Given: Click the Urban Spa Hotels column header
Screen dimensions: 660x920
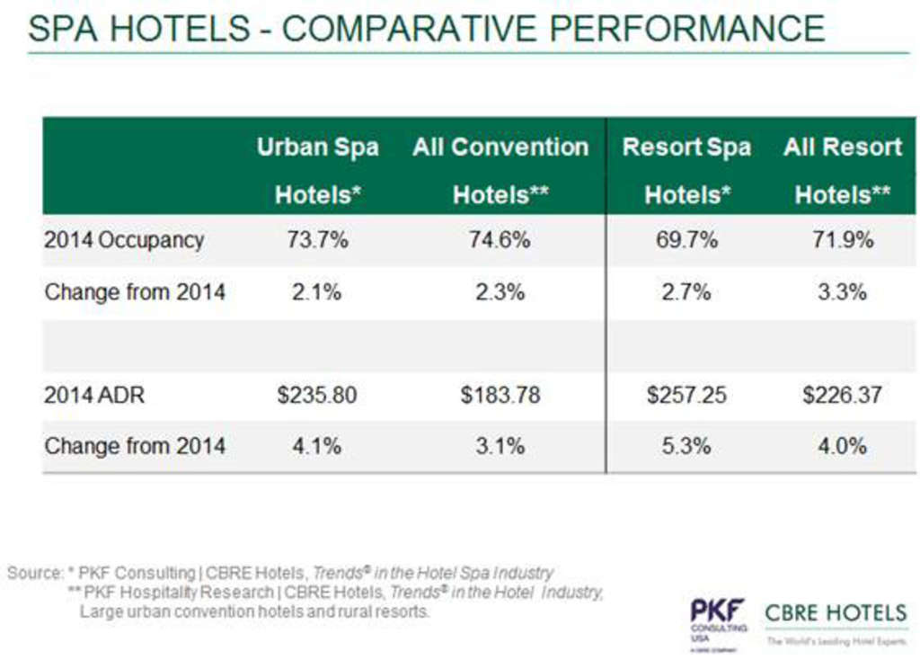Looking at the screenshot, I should [317, 170].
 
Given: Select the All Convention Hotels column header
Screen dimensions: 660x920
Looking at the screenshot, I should [500, 170].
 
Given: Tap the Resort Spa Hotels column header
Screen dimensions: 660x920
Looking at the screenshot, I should [686, 170].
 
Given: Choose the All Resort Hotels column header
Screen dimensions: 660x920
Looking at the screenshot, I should [843, 170].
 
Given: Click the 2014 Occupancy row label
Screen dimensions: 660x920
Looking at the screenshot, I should [124, 240].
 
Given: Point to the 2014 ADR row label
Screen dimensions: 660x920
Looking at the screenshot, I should [94, 395].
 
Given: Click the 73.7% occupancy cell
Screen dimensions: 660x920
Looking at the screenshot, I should [317, 240].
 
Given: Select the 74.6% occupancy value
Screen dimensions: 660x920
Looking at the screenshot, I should [500, 240].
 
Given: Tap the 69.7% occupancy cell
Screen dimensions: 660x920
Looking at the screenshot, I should [686, 240].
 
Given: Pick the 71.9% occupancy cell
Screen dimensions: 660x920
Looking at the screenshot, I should [843, 240].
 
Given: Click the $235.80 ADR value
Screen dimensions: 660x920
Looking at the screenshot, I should [317, 395].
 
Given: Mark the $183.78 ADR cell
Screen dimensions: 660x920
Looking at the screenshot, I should [500, 395].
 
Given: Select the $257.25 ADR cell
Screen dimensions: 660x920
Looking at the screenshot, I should [686, 395].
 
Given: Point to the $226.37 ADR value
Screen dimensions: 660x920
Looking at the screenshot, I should [843, 395].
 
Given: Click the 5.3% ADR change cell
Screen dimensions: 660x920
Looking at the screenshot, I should [686, 445].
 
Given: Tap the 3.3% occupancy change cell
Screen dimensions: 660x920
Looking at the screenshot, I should [843, 291].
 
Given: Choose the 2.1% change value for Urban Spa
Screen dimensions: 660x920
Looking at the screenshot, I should [317, 291].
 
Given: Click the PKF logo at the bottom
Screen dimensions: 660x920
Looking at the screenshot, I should [718, 614].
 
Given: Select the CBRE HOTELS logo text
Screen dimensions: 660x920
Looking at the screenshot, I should [836, 614].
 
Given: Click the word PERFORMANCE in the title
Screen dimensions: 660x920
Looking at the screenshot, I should [687, 28].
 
